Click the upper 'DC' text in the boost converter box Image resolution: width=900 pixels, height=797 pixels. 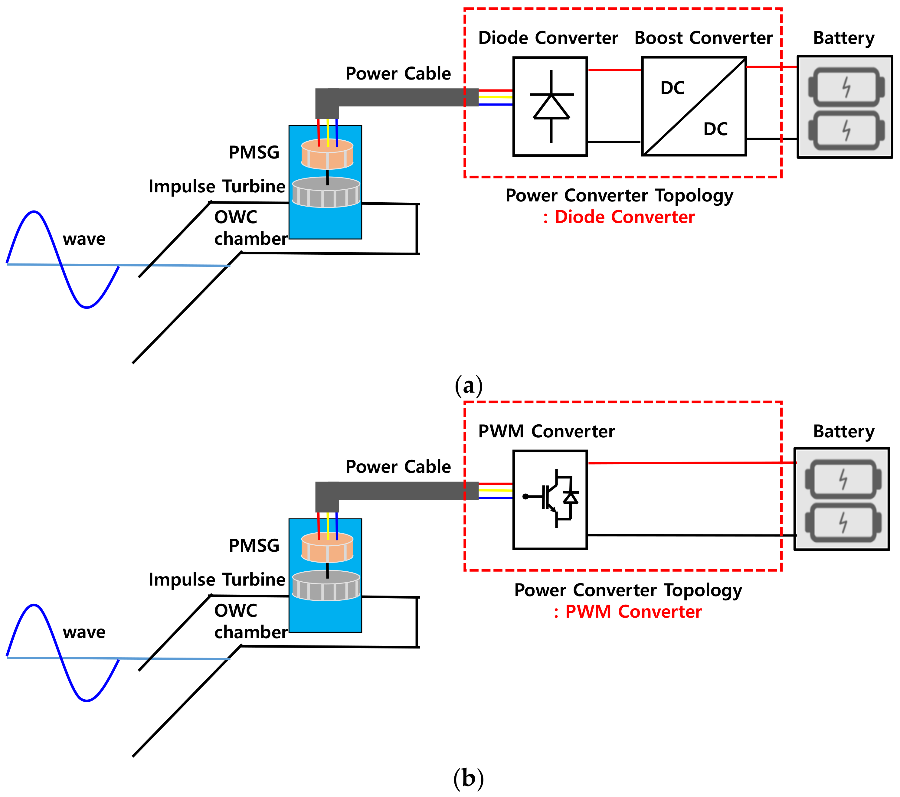tap(673, 88)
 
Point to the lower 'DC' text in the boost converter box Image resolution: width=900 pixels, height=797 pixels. tap(715, 129)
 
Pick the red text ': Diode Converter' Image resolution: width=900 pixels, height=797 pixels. tap(619, 217)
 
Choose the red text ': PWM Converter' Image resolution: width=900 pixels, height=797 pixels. tap(627, 612)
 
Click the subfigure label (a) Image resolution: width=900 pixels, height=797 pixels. tap(469, 386)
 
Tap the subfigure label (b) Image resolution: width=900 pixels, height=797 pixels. tap(469, 779)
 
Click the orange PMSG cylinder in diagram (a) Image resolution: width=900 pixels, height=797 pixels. tap(327, 154)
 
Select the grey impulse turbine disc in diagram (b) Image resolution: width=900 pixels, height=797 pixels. tap(326, 585)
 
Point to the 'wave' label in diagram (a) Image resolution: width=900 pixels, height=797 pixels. tap(84, 239)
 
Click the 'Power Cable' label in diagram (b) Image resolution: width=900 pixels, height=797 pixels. tap(398, 467)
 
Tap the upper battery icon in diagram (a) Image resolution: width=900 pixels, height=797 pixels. tap(846, 87)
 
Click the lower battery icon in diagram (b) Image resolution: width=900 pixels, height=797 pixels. tap(843, 522)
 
